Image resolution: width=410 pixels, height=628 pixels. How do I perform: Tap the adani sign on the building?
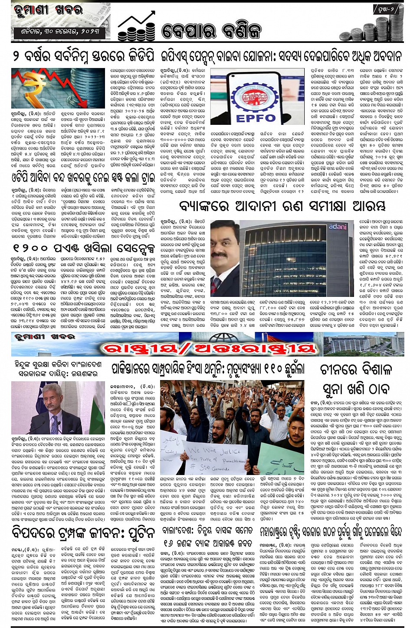[x=338, y=227]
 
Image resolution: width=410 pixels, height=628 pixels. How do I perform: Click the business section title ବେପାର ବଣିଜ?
[x=211, y=31]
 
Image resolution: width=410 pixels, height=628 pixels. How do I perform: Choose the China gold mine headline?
[x=356, y=379]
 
